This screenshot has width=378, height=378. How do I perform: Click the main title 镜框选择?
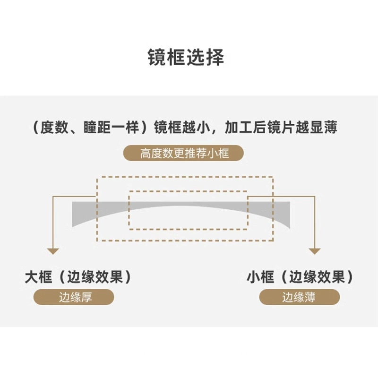pos(186,57)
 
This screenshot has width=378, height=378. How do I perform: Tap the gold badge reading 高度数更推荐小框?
pos(183,153)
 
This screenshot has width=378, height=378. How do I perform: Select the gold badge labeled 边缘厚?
pos(74,297)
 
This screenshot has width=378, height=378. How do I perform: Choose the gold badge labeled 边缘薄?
pos(300,297)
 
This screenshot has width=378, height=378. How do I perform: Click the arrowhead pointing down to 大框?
pos(53,251)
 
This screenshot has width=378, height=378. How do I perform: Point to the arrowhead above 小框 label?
pos(315,251)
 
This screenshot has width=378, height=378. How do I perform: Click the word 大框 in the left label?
pos(39,277)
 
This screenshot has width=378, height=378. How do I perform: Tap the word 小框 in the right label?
pos(261,277)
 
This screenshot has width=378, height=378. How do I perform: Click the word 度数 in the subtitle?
pos(54,127)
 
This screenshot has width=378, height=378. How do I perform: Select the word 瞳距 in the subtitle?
pos(97,127)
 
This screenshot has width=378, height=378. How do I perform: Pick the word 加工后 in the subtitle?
pos(245,127)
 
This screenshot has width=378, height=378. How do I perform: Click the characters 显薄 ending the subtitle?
pos(324,127)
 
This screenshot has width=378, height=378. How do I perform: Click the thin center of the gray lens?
pos(181,204)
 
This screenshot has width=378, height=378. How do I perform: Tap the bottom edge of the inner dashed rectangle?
pos(188,229)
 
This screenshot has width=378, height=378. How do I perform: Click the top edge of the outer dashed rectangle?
pos(185,177)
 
